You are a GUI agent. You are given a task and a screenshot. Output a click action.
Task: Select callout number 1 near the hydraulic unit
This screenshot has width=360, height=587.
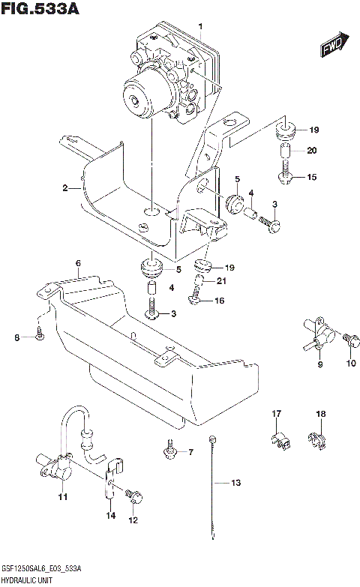point(200,27)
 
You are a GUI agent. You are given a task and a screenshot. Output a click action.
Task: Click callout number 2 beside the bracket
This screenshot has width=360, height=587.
point(65,188)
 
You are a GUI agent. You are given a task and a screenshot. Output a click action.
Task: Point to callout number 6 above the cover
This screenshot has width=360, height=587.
point(77,263)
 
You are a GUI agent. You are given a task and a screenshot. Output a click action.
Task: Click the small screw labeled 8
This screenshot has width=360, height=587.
point(40,337)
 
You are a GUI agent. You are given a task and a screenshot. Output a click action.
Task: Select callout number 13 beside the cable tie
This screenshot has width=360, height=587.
point(235,484)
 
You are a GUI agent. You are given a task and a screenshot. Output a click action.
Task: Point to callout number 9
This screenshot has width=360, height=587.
point(319,364)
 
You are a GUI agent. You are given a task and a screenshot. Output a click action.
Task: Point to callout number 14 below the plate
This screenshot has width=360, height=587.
point(110,516)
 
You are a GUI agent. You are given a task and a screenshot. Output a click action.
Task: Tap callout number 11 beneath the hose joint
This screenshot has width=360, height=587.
point(63,497)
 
